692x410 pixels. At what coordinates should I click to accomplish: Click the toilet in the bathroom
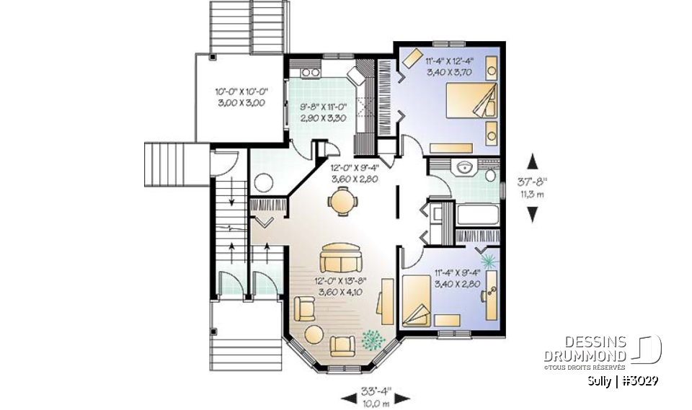tap(491, 174)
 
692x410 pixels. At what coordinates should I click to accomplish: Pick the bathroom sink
tap(464, 168)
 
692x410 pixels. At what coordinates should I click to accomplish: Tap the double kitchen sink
tap(310, 72)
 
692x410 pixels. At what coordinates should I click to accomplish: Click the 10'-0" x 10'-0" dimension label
tap(241, 98)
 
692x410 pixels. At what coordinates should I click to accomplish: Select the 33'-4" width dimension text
tap(373, 392)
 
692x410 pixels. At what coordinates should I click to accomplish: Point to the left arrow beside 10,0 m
tap(349, 398)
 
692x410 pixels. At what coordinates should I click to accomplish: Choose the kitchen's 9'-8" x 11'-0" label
tap(324, 115)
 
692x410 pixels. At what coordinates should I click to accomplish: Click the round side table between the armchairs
tap(314, 335)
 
